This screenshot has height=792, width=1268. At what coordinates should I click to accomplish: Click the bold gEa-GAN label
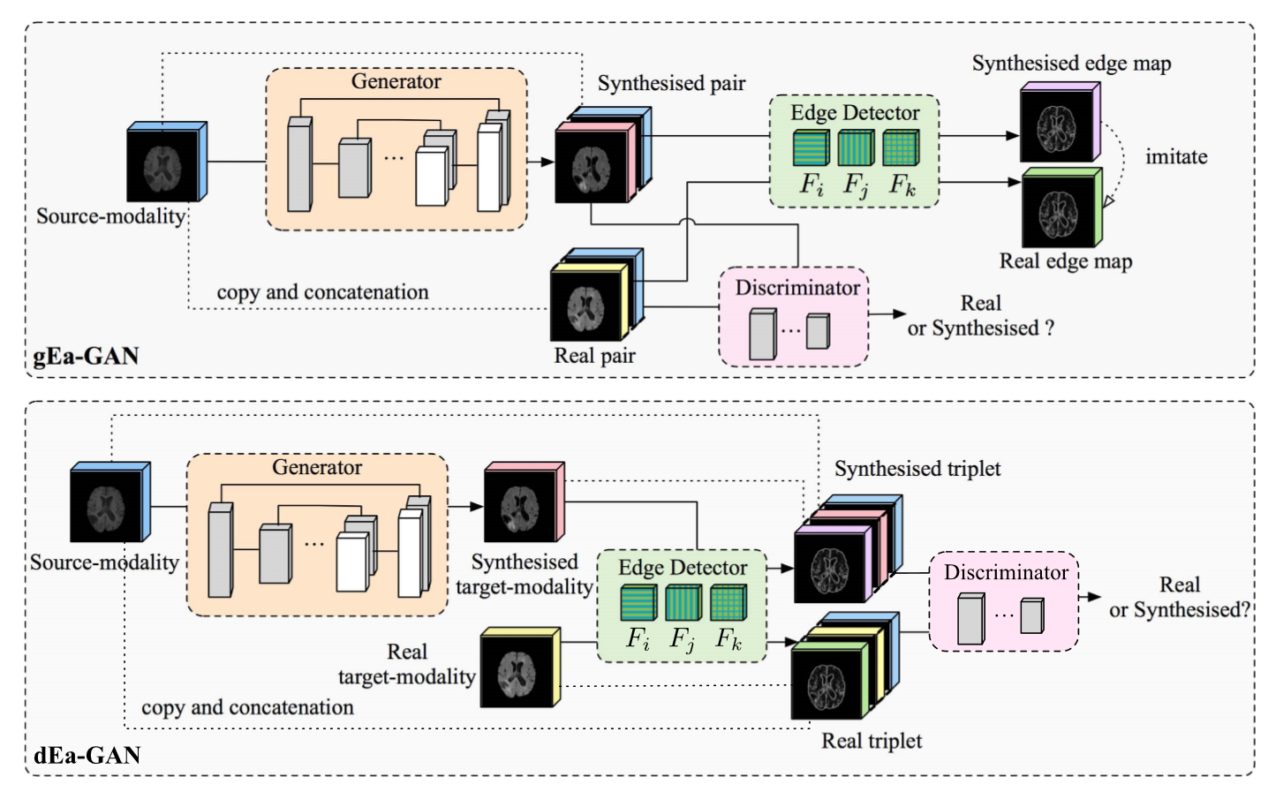(x=86, y=356)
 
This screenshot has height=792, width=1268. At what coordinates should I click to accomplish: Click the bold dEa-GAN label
(x=87, y=755)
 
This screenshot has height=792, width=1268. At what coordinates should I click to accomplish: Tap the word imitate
(x=1175, y=157)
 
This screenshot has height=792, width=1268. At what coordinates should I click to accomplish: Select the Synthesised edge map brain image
(x=1055, y=125)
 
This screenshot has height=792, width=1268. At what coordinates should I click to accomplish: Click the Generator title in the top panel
(x=396, y=82)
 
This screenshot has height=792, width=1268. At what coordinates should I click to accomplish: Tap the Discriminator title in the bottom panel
(x=1006, y=572)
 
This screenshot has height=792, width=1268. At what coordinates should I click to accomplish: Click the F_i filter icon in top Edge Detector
(x=810, y=148)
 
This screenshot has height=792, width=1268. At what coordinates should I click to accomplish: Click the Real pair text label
(x=594, y=356)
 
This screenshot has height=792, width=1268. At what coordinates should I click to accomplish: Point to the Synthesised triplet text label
(x=917, y=469)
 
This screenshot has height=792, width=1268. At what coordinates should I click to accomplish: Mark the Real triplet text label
(x=872, y=741)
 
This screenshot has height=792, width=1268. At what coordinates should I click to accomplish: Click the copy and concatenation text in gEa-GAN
(x=322, y=292)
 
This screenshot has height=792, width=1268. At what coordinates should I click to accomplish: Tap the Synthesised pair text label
(x=671, y=83)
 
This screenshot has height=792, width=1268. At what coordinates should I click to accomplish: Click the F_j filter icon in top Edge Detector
(x=855, y=148)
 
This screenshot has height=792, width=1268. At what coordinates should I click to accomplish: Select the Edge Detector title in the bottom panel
(x=682, y=568)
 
